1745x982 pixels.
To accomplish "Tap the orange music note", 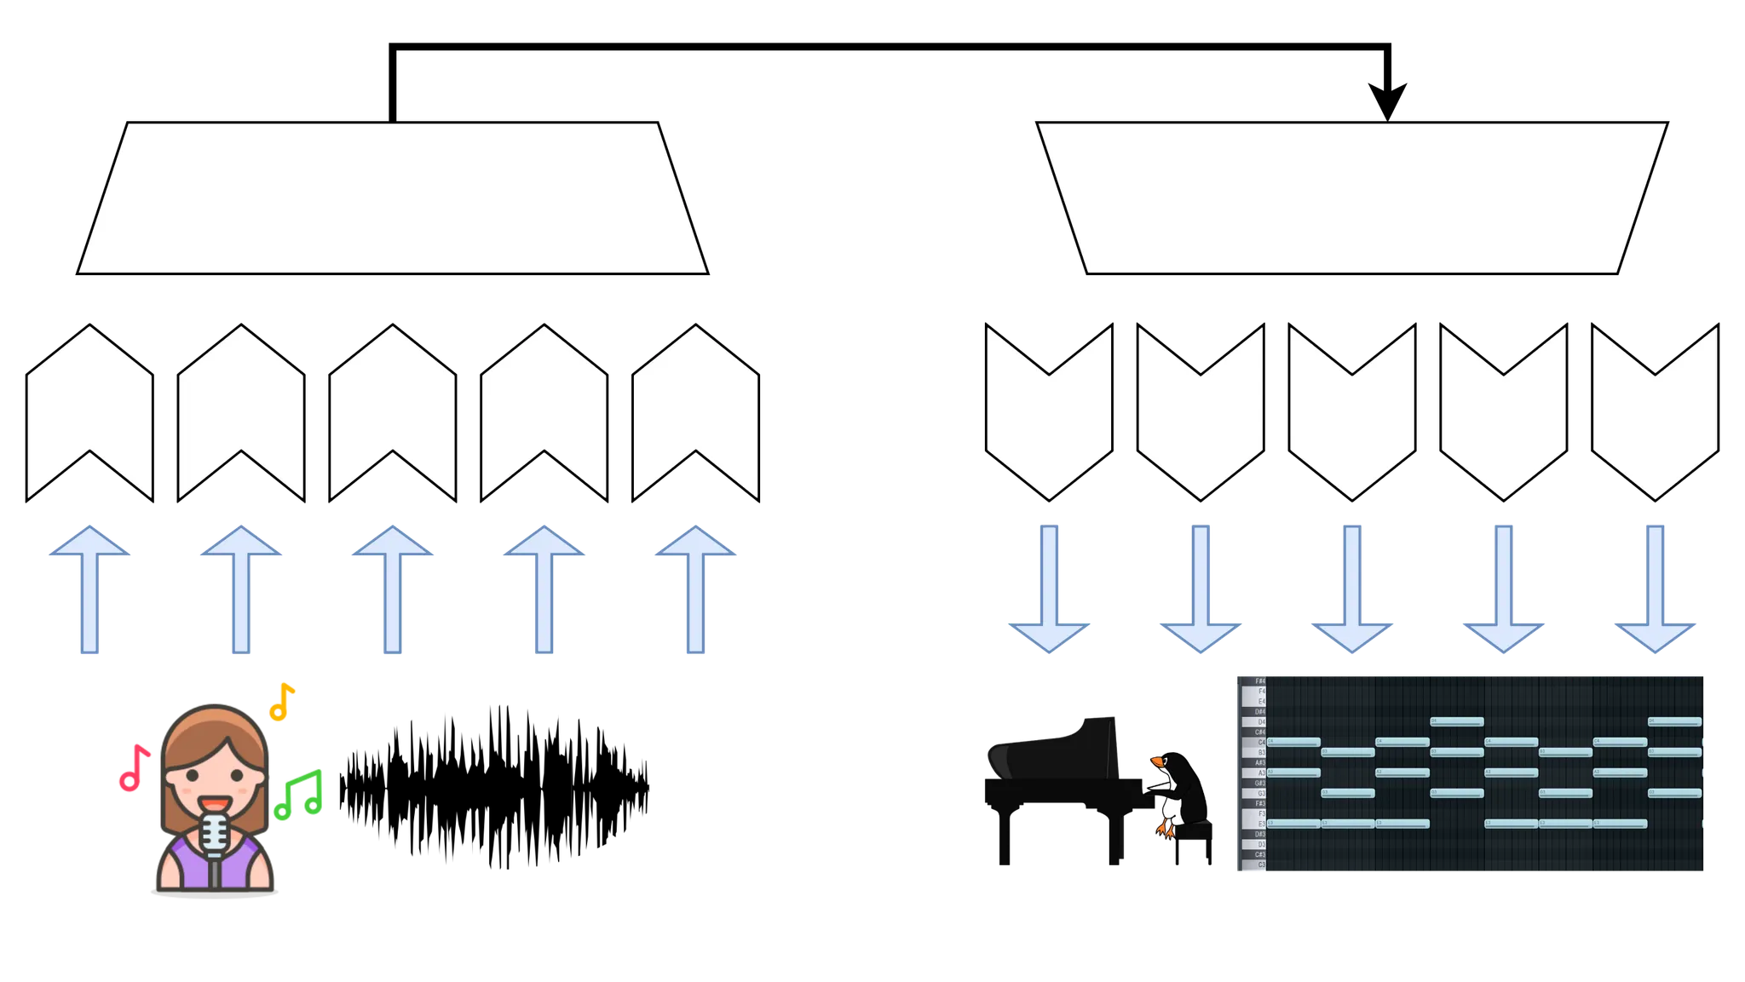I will [281, 701].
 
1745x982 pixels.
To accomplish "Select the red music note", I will [133, 769].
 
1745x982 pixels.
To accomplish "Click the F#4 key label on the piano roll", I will [1260, 681].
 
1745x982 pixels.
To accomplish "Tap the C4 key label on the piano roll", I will [1261, 743].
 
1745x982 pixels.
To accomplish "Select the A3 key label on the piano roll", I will [1261, 773].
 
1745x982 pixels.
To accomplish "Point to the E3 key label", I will [1261, 824].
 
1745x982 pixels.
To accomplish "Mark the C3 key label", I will [1261, 865].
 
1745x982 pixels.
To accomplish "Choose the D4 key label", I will [1261, 722].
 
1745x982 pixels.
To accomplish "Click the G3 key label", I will [1261, 794].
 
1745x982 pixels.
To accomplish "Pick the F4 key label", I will [1261, 692].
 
